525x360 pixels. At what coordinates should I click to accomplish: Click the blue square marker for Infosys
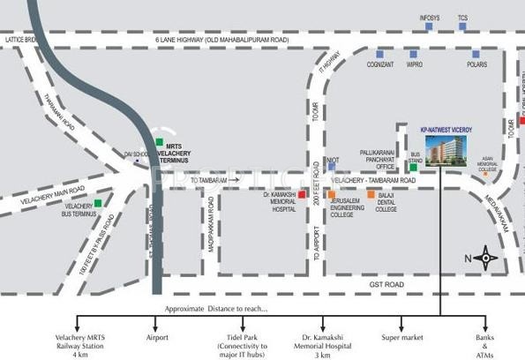(428, 26)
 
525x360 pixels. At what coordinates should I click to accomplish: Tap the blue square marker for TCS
(462, 26)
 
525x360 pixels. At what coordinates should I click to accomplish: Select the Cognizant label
(379, 64)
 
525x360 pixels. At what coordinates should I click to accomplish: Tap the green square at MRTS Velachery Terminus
(159, 141)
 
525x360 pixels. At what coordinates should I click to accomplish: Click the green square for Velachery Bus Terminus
(97, 204)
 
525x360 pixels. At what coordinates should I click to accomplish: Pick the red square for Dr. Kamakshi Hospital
(302, 193)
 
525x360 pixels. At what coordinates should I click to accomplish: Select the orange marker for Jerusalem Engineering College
(331, 193)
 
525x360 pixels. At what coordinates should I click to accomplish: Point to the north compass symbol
(484, 258)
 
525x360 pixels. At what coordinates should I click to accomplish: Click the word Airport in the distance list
(156, 338)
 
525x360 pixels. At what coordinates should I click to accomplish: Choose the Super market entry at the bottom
(402, 338)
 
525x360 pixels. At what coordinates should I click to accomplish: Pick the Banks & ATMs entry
(482, 343)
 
